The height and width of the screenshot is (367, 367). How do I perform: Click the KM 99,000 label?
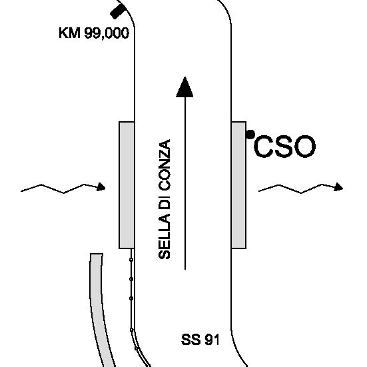pos(94,33)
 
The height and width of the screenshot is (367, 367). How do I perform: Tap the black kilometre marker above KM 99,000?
pos(118,11)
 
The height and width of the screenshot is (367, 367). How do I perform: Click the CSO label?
pos(284,147)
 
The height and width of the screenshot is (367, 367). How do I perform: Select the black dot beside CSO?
pos(250,135)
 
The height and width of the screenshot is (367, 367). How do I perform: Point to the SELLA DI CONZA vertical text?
pos(165,199)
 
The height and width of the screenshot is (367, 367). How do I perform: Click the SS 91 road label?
pos(200,340)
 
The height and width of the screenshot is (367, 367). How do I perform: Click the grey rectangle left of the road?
pos(127,185)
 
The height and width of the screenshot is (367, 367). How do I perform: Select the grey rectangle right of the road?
pos(238,185)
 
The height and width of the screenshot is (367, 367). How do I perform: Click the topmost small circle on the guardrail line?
pos(131,260)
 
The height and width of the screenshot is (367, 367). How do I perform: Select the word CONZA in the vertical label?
pos(165,165)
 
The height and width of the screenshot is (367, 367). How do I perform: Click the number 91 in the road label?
pos(212,340)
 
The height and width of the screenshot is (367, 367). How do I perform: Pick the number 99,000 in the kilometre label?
pos(107,33)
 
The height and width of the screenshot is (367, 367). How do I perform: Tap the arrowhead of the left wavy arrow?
pos(101,186)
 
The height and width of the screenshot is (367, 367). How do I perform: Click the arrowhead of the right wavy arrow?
pos(338,186)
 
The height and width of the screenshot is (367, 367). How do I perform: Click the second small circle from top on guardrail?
pos(131,279)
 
